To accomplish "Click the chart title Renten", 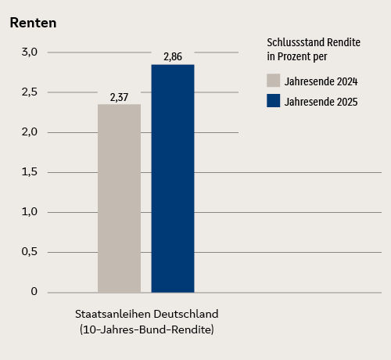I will point(33,23).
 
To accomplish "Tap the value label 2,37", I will point(119,97).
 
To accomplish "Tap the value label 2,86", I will point(173,57).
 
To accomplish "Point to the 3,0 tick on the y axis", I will point(30,52).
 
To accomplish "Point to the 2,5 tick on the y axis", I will point(30,92).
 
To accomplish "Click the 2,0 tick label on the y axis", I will point(30,132).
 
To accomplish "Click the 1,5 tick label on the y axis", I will point(30,172).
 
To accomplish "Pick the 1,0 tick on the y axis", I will point(30,212).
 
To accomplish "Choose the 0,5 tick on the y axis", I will point(30,252).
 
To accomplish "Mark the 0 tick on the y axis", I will point(34,292).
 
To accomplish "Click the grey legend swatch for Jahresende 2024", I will point(273,80).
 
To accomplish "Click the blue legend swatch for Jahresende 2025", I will point(273,101).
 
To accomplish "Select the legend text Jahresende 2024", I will point(321,81).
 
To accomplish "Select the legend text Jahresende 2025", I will point(321,102).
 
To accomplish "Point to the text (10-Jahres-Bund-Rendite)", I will point(146,329).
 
